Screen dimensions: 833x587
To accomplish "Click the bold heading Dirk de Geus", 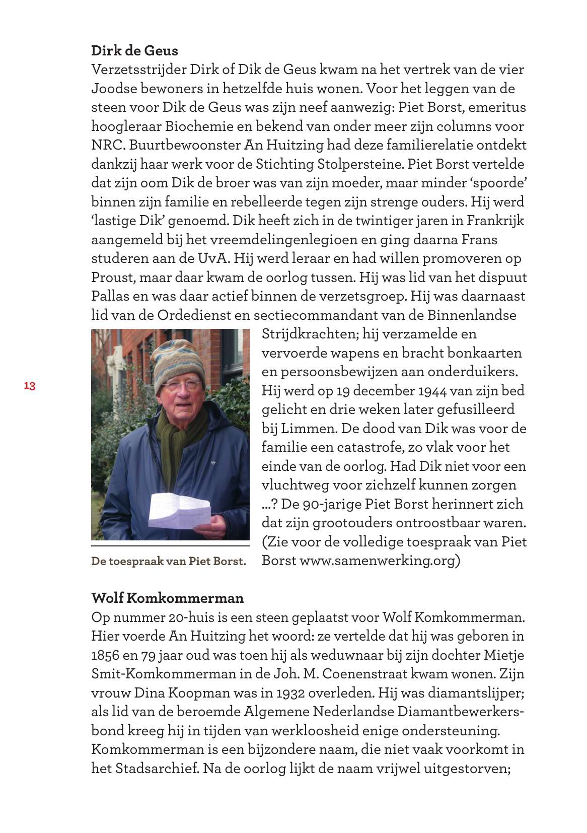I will tap(134, 51).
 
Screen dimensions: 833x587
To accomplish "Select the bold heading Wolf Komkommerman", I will tap(167, 598).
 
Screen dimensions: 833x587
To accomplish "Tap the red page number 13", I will tap(29, 386).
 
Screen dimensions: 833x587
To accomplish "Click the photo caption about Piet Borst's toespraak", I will tap(169, 561).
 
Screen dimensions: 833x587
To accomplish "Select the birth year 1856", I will tap(106, 655).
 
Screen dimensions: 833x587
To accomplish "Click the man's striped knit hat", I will tap(178, 357).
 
